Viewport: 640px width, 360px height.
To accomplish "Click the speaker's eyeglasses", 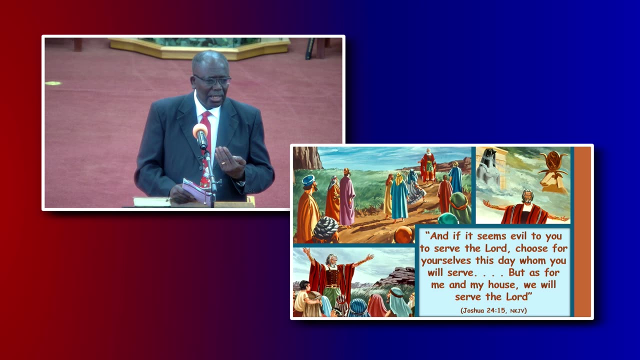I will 212,80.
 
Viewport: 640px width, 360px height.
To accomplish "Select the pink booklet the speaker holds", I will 195,191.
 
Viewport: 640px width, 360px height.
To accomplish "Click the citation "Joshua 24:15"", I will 483,310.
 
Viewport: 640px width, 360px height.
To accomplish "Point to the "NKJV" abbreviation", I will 517,310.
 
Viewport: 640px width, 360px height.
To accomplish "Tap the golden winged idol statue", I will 553,170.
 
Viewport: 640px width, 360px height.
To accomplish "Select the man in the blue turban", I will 308,205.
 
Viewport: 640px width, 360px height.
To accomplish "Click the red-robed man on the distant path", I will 427,165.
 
